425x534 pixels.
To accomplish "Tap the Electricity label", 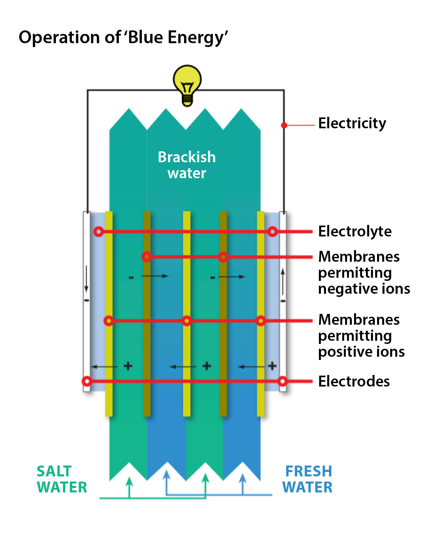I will [352, 124].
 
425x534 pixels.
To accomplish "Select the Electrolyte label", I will [355, 231].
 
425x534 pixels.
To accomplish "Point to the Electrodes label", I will [354, 381].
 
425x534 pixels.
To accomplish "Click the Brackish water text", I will [187, 165].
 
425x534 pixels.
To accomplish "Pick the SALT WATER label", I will [62, 479].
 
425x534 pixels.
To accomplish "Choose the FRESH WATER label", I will [307, 479].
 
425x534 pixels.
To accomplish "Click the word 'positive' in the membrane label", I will [342, 352].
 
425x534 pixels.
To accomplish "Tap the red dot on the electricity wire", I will [284, 125].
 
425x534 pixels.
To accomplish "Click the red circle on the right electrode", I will [282, 381].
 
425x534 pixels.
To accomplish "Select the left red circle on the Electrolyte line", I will [99, 231].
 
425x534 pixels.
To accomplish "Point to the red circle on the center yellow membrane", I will [187, 321].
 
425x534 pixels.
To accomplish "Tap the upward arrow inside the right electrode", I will [283, 282].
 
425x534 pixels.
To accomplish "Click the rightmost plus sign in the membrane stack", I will [272, 366].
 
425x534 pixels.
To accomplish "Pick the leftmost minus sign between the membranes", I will [131, 277].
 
